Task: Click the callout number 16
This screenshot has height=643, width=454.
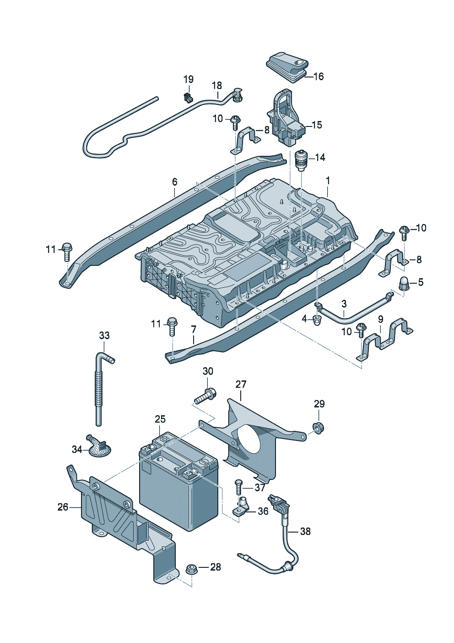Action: [x=318, y=77]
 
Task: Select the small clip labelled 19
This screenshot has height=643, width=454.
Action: [x=188, y=97]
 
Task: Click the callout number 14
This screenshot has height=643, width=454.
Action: [x=320, y=158]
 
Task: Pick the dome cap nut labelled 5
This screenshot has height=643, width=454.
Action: [x=405, y=284]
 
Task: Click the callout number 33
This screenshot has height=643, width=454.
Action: [x=104, y=335]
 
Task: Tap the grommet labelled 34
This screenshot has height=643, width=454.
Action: [x=98, y=446]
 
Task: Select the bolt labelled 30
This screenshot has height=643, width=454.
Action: [x=205, y=396]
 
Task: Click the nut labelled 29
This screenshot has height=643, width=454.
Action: [x=318, y=428]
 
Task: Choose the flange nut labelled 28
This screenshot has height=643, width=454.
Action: [x=191, y=570]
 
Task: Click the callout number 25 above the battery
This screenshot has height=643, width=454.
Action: [x=160, y=419]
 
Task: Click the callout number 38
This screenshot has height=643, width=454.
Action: [x=305, y=531]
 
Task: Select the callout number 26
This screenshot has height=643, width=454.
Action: [x=63, y=507]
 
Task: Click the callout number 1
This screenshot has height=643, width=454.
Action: [x=328, y=181]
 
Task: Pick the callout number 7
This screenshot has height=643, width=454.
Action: [x=194, y=329]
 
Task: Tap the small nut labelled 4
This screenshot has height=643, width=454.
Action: [x=316, y=319]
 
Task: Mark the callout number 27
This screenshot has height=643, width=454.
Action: [x=241, y=384]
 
